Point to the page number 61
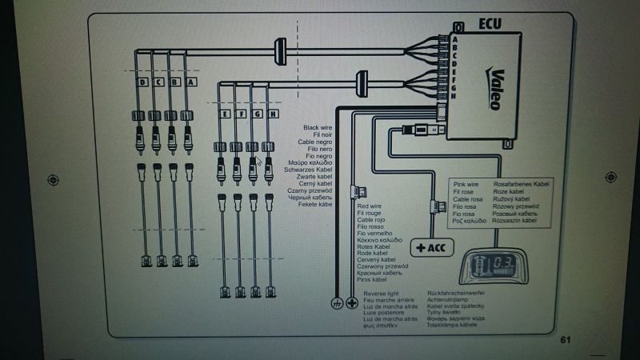pyautogui.click(x=566, y=340)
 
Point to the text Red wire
pyautogui.click(x=370, y=207)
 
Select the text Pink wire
pyautogui.click(x=467, y=184)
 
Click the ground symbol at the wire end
pyautogui.click(x=336, y=303)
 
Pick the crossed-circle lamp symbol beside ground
pyautogui.click(x=350, y=303)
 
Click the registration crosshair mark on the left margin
pyautogui.click(x=54, y=178)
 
